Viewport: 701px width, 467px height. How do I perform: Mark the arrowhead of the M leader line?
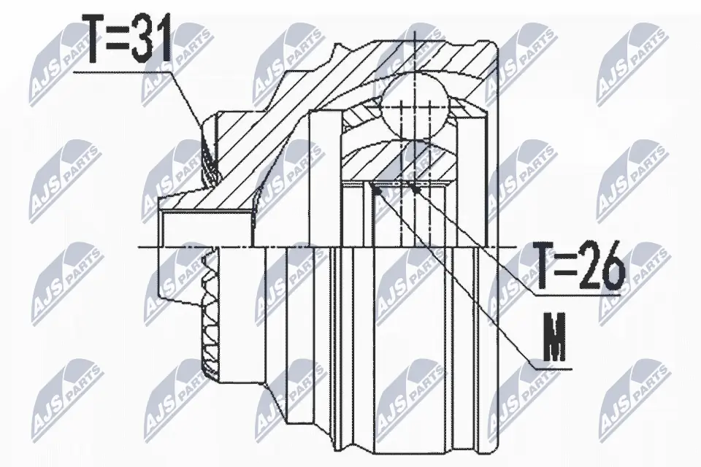pyautogui.click(x=375, y=189)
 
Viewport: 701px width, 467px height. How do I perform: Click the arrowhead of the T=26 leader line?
pyautogui.click(x=415, y=188)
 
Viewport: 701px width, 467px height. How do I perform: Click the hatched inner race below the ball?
pyautogui.click(x=394, y=161)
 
